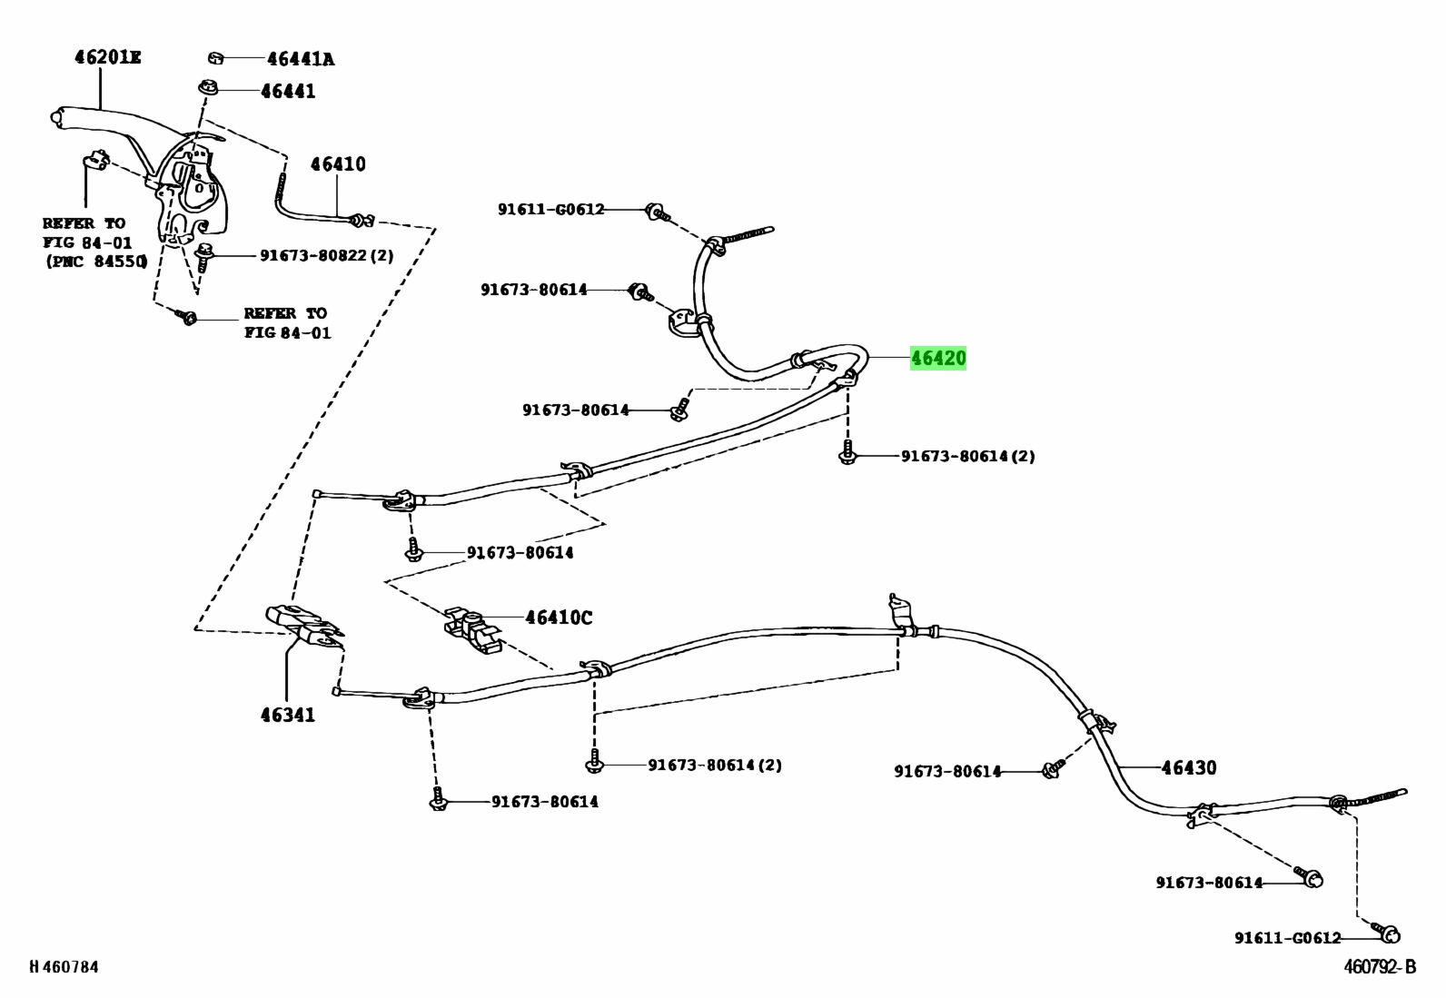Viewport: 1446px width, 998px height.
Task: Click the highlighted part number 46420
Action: pyautogui.click(x=938, y=358)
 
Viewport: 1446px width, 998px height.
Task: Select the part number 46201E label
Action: pyautogui.click(x=108, y=57)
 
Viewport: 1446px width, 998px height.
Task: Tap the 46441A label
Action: pyautogui.click(x=301, y=59)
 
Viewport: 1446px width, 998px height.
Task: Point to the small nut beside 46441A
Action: pyautogui.click(x=215, y=59)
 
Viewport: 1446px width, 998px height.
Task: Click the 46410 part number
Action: pyautogui.click(x=338, y=164)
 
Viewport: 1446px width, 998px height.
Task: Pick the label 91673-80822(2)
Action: pyautogui.click(x=327, y=256)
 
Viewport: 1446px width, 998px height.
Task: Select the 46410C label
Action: pyautogui.click(x=559, y=618)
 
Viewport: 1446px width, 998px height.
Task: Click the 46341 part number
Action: pyautogui.click(x=288, y=715)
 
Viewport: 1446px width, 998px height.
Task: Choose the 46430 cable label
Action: pyautogui.click(x=1188, y=767)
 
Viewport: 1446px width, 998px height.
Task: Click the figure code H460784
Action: pyautogui.click(x=64, y=967)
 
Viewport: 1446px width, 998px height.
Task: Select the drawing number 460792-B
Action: pyautogui.click(x=1380, y=966)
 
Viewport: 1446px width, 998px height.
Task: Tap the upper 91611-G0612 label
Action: pyautogui.click(x=550, y=209)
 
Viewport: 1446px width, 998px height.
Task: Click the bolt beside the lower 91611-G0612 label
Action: pyautogui.click(x=1387, y=932)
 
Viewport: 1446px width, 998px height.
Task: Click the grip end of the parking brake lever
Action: pyautogui.click(x=58, y=117)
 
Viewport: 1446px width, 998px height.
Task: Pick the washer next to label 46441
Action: pyautogui.click(x=208, y=86)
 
